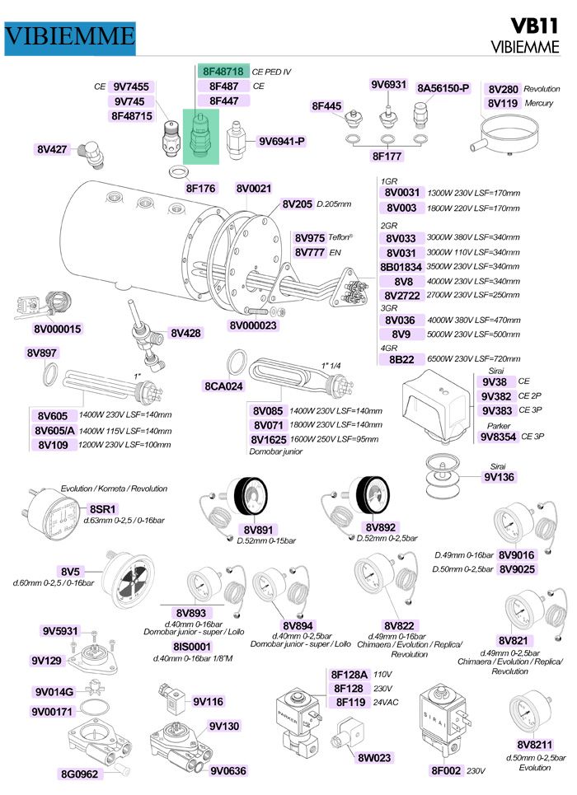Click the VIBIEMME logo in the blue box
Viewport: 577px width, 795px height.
click(x=69, y=35)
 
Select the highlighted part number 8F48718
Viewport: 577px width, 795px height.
click(x=223, y=72)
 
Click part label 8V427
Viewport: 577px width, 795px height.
click(x=51, y=149)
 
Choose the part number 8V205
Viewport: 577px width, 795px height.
click(x=297, y=203)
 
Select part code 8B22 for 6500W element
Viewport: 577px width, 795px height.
click(x=402, y=359)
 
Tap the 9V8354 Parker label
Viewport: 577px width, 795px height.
click(x=500, y=437)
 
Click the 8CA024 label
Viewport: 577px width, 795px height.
click(x=223, y=386)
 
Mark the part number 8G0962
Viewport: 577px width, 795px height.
click(x=79, y=774)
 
